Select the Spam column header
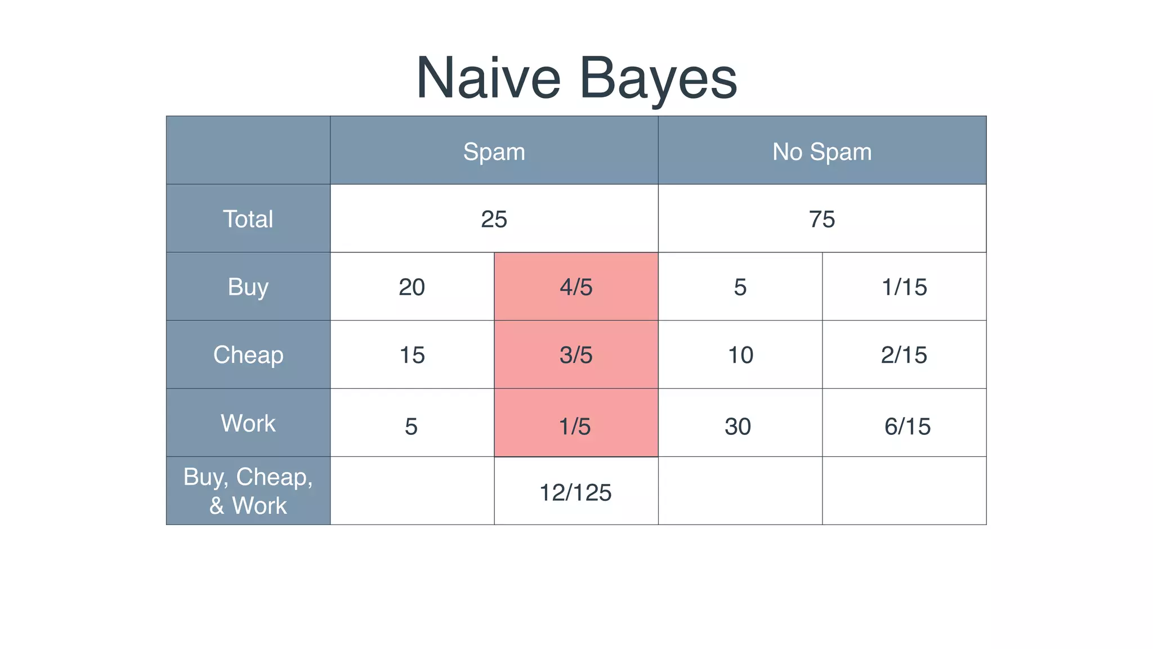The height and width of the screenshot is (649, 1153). pyautogui.click(x=494, y=152)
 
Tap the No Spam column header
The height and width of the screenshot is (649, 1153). pyautogui.click(x=821, y=152)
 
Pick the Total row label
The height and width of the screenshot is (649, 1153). pyautogui.click(x=248, y=219)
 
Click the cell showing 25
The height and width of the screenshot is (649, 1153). pyautogui.click(x=494, y=219)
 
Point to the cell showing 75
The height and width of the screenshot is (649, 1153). pyautogui.click(x=821, y=219)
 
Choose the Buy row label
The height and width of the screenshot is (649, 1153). pyautogui.click(x=248, y=287)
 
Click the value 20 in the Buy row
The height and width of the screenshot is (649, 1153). pyautogui.click(x=412, y=287)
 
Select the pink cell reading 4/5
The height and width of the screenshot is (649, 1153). pyautogui.click(x=576, y=287)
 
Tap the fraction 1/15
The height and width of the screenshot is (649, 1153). pyautogui.click(x=904, y=287)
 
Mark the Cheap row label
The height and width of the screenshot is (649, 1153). pyautogui.click(x=248, y=355)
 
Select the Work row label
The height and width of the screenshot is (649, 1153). pyautogui.click(x=248, y=423)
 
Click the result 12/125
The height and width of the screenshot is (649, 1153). pyautogui.click(x=575, y=492)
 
